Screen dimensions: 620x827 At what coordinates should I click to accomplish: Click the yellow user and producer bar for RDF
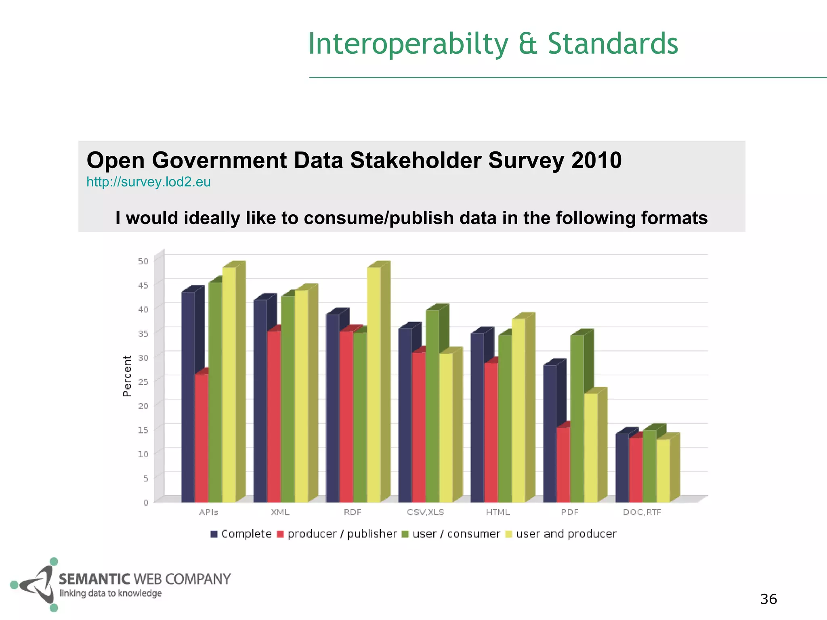pyautogui.click(x=374, y=383)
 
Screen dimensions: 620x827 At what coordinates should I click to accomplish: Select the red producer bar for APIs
pyautogui.click(x=202, y=438)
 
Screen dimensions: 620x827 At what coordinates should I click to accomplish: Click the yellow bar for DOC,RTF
pyautogui.click(x=663, y=470)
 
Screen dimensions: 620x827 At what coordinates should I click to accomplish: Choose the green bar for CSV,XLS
pyautogui.click(x=432, y=406)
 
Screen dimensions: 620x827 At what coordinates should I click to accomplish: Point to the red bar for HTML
pyautogui.click(x=491, y=432)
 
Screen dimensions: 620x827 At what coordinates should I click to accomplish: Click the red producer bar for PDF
pyautogui.click(x=563, y=464)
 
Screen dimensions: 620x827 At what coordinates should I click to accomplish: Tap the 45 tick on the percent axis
pyautogui.click(x=143, y=285)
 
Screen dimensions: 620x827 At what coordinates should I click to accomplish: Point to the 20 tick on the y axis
pyautogui.click(x=143, y=406)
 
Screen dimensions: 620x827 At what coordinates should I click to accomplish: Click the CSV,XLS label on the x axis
pyautogui.click(x=425, y=512)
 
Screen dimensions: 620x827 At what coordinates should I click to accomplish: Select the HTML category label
pyautogui.click(x=498, y=512)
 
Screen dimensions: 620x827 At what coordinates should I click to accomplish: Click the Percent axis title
pyautogui.click(x=127, y=376)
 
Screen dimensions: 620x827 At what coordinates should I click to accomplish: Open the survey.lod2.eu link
pyautogui.click(x=149, y=182)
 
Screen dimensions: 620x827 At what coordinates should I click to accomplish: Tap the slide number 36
pyautogui.click(x=768, y=599)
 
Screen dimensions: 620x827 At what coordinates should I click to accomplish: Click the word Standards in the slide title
pyautogui.click(x=613, y=44)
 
